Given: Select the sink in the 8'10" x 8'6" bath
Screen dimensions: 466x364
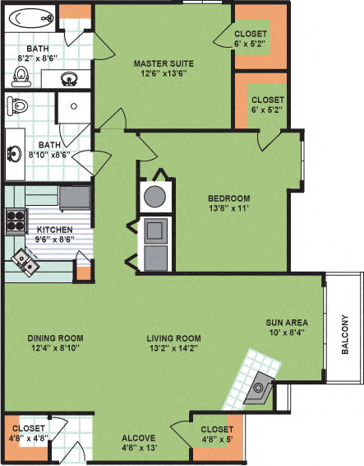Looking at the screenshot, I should coord(16,154).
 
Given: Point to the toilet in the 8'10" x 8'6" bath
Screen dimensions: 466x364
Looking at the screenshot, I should coord(17,105).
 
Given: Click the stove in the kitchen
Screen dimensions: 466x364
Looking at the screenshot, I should coord(16,218).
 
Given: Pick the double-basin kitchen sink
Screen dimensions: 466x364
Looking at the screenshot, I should coord(22,263).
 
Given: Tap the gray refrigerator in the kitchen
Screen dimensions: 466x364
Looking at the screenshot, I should coord(76,198).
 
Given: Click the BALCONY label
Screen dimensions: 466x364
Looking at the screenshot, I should coord(345,337).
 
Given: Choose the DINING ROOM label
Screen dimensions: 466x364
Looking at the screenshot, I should coord(56,338).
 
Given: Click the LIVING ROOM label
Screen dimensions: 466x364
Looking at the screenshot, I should coord(174,338).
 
